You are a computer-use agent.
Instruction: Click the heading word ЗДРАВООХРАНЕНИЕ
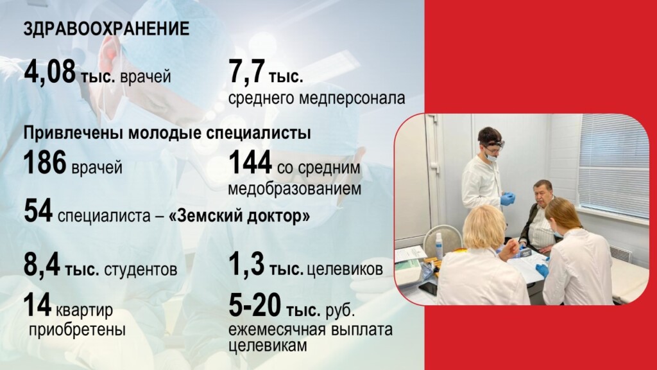coord(107,30)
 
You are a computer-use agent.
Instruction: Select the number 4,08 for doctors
coord(50,72)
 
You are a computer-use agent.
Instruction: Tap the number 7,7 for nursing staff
coord(246,72)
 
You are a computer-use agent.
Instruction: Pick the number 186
coord(45,164)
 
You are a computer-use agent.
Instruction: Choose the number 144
coord(250,164)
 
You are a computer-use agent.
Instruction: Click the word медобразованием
coord(294,190)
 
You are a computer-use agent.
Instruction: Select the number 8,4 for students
coord(42,265)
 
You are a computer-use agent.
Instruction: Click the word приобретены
coord(78,330)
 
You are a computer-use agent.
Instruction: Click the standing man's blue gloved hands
coord(508,198)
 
